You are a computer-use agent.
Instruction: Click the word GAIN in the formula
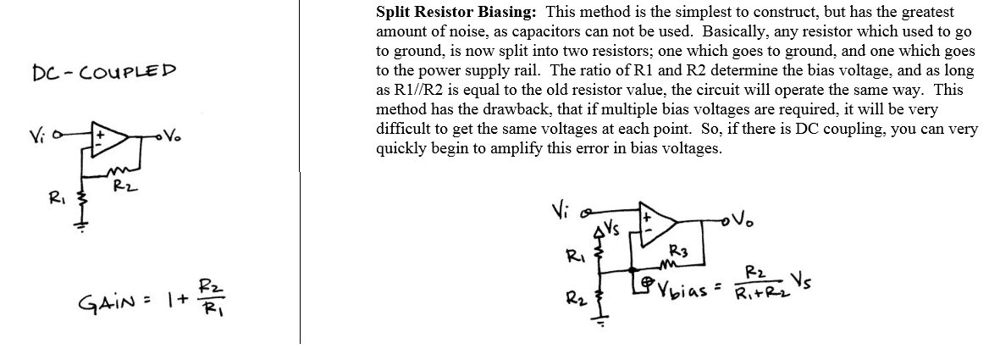[108, 302]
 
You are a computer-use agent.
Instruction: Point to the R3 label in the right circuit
[677, 251]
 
